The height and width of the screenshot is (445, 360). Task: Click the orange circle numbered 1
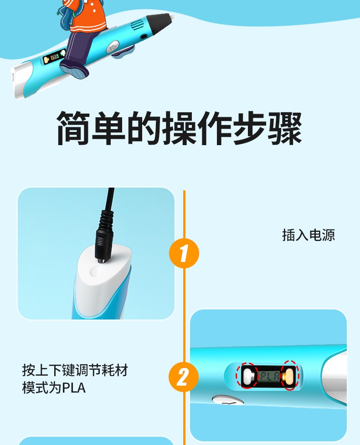(x=184, y=253)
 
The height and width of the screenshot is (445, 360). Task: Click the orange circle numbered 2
(x=184, y=377)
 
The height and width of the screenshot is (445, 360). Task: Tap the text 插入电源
(x=309, y=235)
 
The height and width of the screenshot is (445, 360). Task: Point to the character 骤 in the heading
(x=285, y=128)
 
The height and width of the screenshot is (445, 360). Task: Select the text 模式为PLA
(x=54, y=388)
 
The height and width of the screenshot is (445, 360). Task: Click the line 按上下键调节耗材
(x=75, y=370)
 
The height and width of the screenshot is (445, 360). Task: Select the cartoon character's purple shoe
(x=74, y=69)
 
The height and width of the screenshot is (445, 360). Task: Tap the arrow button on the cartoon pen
(x=113, y=46)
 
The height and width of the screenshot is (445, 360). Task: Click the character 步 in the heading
(x=250, y=128)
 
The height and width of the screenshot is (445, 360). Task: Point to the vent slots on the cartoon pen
(x=138, y=25)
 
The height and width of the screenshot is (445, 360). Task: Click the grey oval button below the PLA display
(x=228, y=401)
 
